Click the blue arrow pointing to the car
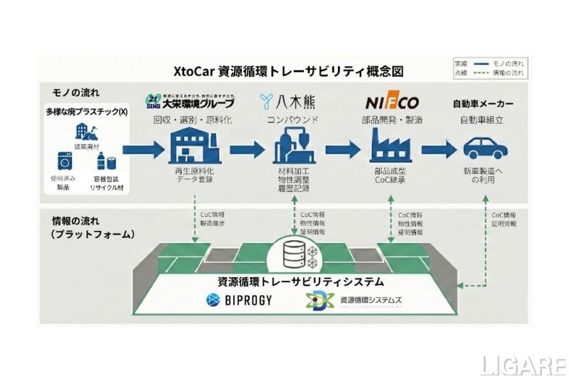click(437, 149)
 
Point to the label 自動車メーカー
click(484, 104)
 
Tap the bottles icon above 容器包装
click(105, 161)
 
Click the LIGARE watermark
click(523, 364)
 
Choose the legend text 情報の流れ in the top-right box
click(509, 73)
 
